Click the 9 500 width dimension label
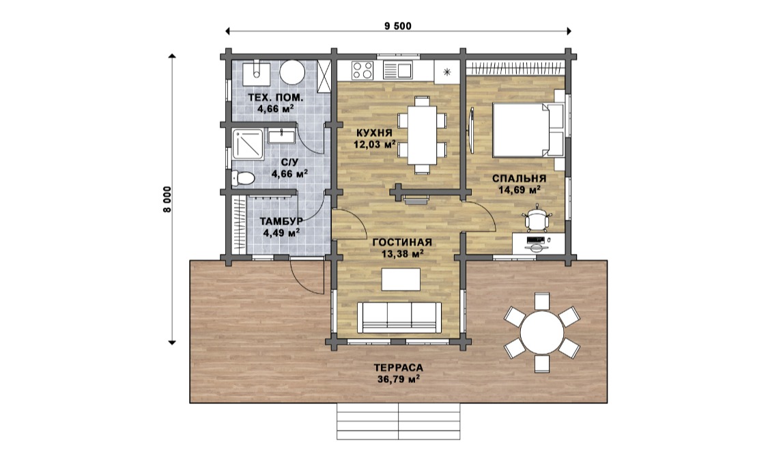point(398,26)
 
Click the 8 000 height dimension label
point(168,199)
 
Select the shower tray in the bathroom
point(248,144)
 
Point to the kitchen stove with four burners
point(363,70)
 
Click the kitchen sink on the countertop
point(397,70)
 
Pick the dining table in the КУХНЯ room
point(422,135)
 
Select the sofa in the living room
point(399,317)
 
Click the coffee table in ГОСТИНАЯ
point(401,280)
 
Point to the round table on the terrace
point(542,332)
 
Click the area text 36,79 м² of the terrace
point(399,379)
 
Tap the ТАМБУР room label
point(281,221)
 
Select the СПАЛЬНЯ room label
point(520,178)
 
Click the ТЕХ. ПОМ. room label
point(275,97)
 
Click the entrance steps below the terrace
point(398,421)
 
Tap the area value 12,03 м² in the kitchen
point(375,145)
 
